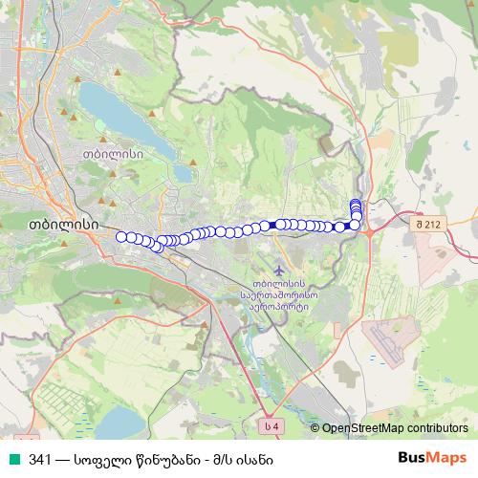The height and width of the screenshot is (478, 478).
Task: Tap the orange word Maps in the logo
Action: click(447, 458)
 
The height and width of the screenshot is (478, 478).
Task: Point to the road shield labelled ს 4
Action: click(272, 424)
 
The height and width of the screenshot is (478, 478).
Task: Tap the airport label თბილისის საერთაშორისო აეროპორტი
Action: click(278, 296)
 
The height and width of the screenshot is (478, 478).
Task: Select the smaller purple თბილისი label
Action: click(113, 152)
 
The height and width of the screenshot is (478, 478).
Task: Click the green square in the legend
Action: click(13, 459)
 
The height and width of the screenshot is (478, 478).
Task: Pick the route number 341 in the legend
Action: click(40, 459)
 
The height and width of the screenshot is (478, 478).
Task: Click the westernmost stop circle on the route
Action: click(120, 236)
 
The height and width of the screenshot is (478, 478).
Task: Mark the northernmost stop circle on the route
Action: click(356, 203)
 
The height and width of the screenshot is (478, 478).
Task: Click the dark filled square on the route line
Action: click(273, 225)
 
